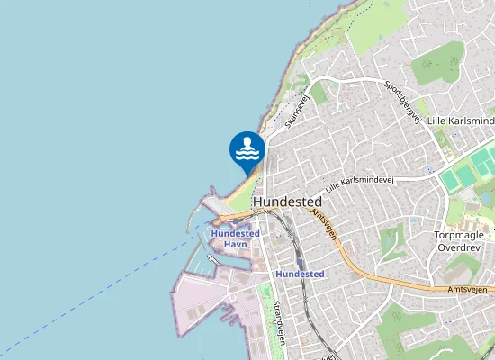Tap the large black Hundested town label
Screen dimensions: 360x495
tap(288, 202)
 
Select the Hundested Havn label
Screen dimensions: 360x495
tap(235, 238)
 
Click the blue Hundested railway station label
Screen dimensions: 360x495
tap(300, 274)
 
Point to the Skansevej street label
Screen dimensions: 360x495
tap(297, 110)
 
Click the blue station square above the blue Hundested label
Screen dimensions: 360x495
tap(300, 261)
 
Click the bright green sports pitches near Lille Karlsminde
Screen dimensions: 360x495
tap(468, 171)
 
